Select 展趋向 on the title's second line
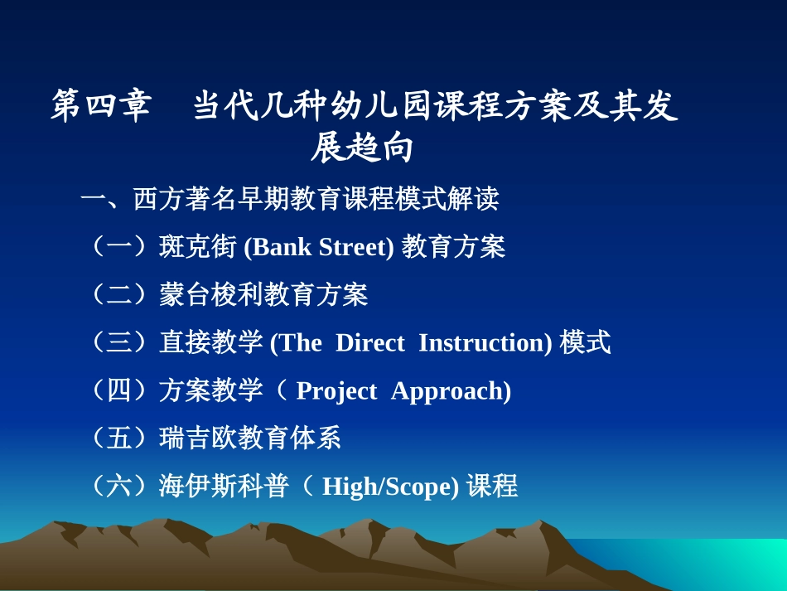[x=363, y=149]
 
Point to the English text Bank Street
[x=320, y=247]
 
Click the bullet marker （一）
[x=120, y=247]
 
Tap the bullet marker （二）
[x=120, y=294]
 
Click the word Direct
[x=369, y=342]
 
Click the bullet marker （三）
[x=120, y=342]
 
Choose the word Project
[x=336, y=390]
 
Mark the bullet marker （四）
[x=120, y=390]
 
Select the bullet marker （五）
[x=120, y=438]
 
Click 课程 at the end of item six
[x=492, y=486]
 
